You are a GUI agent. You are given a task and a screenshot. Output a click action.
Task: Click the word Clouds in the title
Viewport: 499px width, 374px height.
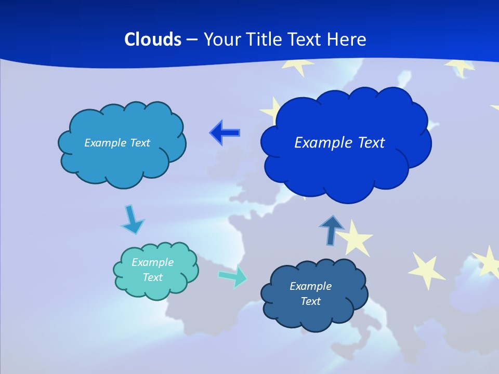click(x=153, y=39)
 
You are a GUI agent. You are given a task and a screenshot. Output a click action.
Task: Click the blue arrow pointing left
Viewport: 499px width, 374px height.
click(x=225, y=132)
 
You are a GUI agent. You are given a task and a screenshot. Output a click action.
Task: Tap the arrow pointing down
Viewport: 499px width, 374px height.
click(x=132, y=219)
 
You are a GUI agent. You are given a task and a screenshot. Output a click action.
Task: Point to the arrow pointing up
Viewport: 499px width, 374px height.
click(x=332, y=229)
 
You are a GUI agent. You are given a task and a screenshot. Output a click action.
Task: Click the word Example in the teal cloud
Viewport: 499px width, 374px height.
click(x=152, y=262)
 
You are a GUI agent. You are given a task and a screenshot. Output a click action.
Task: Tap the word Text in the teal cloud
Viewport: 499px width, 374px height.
click(x=152, y=277)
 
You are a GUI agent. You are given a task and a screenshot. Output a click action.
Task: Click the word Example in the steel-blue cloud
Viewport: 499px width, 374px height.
click(x=310, y=286)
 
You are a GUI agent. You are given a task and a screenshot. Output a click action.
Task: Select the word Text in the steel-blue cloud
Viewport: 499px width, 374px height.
click(x=310, y=301)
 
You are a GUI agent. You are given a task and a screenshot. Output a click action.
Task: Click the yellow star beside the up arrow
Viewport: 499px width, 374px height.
click(x=357, y=237)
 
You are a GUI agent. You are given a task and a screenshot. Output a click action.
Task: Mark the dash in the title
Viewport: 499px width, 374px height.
click(x=191, y=39)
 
